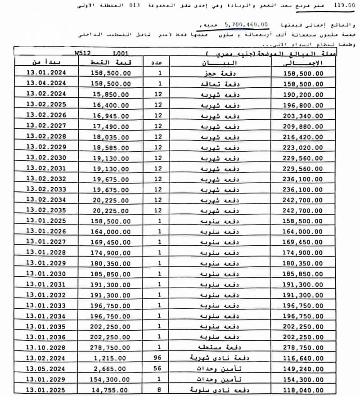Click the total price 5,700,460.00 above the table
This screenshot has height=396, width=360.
point(246,24)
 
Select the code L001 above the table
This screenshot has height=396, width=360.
point(121,53)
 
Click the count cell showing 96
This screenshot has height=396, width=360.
point(158,358)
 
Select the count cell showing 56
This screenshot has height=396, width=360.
point(158,369)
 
